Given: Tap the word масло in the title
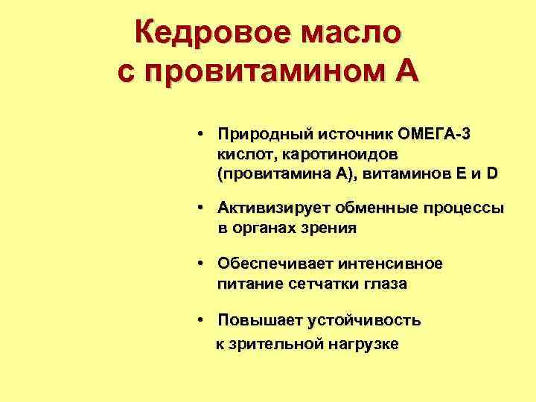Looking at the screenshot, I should point(348,33).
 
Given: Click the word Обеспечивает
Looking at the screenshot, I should point(275,265).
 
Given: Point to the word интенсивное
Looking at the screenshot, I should point(391,265).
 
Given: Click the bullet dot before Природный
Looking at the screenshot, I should point(202,134).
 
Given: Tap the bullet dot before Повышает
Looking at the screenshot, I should point(202,320).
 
